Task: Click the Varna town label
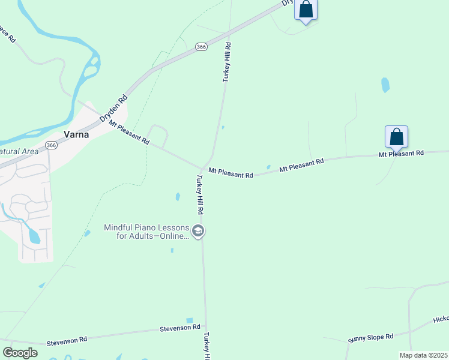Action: click(x=76, y=134)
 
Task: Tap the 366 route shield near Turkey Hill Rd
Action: click(x=201, y=46)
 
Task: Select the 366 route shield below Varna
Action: click(x=52, y=145)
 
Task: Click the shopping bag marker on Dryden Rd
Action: click(x=306, y=10)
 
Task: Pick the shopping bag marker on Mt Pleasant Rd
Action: click(x=396, y=137)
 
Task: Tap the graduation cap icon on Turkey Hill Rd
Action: click(x=199, y=231)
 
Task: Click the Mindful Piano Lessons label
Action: click(x=146, y=232)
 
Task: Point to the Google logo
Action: click(x=20, y=353)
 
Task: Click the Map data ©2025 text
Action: click(x=423, y=355)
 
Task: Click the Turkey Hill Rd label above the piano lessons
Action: click(x=199, y=194)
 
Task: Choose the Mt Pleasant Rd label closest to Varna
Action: click(x=129, y=133)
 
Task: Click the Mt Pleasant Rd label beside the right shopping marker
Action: click(x=401, y=154)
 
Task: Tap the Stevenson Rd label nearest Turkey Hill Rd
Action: click(x=179, y=328)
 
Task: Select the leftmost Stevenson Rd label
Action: click(x=67, y=340)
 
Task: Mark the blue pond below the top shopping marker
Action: click(x=385, y=85)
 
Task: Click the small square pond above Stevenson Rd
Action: click(x=190, y=321)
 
